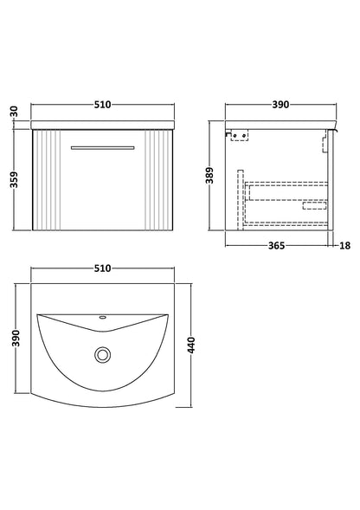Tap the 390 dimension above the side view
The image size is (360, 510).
point(280,107)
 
